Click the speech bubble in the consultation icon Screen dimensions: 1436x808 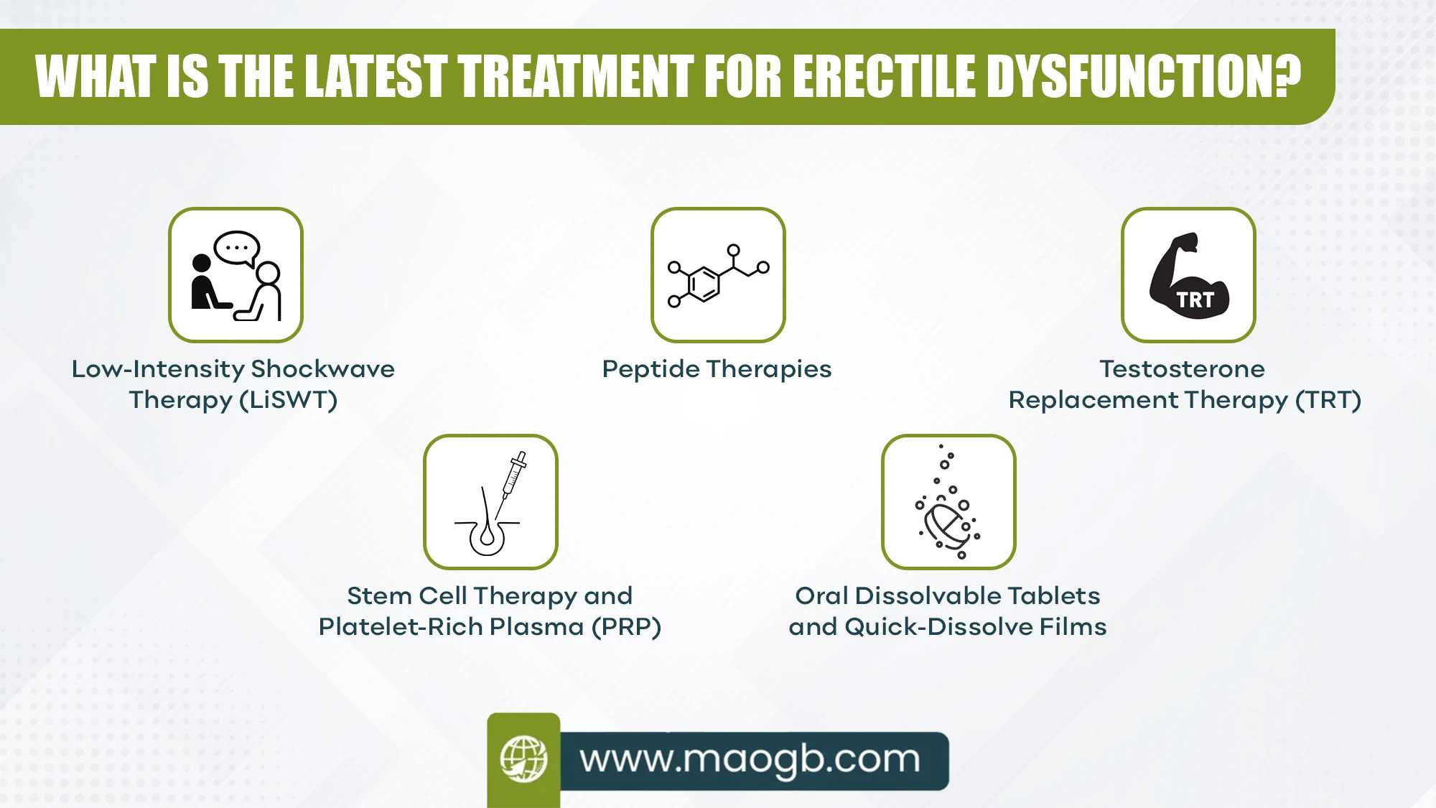coord(237,249)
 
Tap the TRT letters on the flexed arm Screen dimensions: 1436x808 coord(1195,300)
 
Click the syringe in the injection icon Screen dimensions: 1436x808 coord(512,482)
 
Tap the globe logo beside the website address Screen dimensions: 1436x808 coord(523,759)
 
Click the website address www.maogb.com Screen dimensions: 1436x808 coord(750,760)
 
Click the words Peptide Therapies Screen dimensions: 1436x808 coord(717,369)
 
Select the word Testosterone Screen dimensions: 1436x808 coord(1182,369)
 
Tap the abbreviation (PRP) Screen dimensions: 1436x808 coord(626,627)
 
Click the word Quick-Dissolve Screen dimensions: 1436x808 coord(938,627)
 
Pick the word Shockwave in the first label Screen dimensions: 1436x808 coord(322,369)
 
